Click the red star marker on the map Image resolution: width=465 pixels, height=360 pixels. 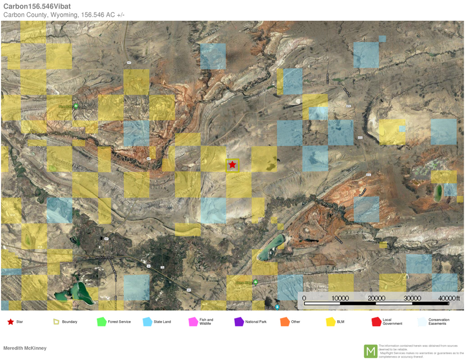232,165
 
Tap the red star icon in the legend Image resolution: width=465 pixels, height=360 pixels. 10,321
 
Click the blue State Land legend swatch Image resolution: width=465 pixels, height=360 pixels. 147,321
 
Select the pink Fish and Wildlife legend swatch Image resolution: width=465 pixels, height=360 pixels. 193,321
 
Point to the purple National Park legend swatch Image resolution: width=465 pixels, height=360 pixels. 239,321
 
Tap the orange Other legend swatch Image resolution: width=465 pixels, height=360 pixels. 284,321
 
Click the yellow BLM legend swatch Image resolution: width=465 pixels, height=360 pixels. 330,321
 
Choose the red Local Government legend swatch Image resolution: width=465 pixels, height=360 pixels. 376,321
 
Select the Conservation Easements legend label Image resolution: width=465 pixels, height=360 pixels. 439,321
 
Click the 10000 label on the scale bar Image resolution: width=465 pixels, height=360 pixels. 340,298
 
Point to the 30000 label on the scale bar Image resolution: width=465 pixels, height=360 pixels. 412,298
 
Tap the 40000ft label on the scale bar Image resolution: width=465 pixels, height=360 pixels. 449,298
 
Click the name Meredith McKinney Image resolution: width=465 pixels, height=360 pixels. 25,348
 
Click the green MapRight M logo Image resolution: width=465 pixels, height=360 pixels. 370,351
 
